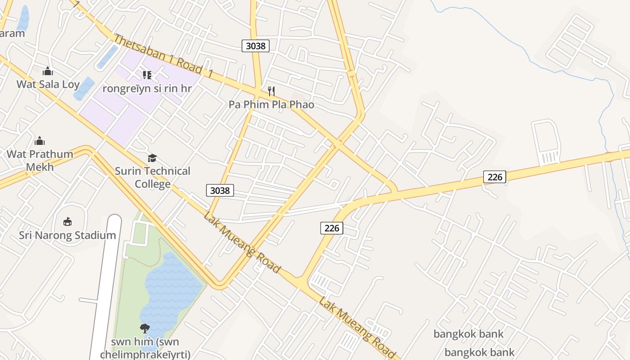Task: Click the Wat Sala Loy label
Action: coord(48,84)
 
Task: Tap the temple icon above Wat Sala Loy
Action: coord(48,71)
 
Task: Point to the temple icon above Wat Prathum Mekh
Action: coord(40,141)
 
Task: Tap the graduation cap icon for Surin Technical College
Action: coord(153,158)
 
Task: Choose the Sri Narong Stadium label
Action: coord(67,235)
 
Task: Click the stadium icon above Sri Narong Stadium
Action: coord(67,221)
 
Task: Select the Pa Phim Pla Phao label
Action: coord(271,104)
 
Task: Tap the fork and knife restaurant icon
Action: coord(271,91)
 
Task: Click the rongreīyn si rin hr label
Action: coord(147,88)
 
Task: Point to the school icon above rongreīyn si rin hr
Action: coord(147,75)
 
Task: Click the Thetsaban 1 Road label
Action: coord(157,54)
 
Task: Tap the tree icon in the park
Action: coord(144,328)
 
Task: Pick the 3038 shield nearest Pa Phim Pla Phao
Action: coord(256,45)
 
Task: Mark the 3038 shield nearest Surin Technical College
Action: coord(220,190)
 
